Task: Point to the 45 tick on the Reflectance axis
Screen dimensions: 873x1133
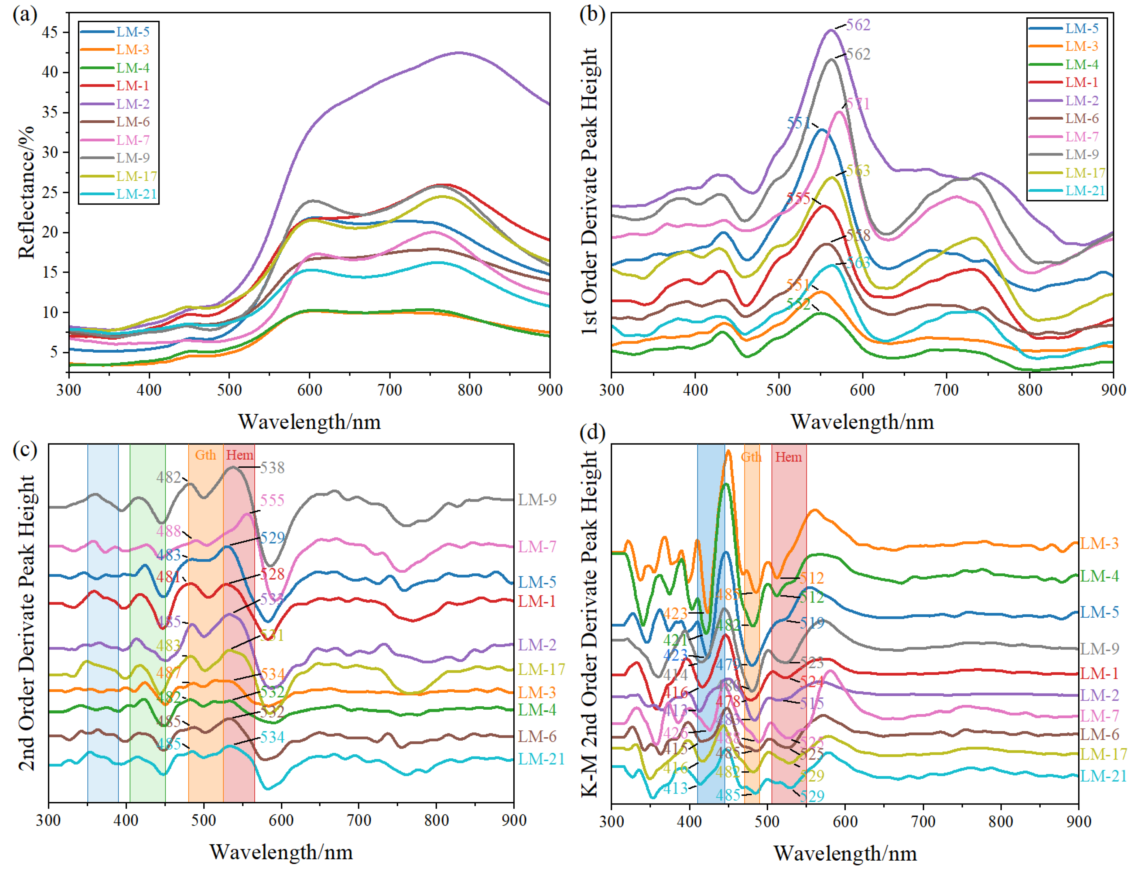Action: click(x=50, y=32)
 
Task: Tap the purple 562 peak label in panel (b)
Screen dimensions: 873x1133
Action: click(x=858, y=25)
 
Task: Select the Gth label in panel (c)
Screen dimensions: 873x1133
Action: click(x=205, y=455)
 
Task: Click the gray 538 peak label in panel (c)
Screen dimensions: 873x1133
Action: click(x=272, y=468)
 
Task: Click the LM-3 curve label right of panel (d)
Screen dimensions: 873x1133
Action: click(x=1099, y=544)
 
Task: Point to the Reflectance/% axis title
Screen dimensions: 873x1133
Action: click(x=26, y=192)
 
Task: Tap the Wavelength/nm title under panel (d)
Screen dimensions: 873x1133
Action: click(x=845, y=853)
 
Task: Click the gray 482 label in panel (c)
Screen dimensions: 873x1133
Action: click(x=169, y=477)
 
